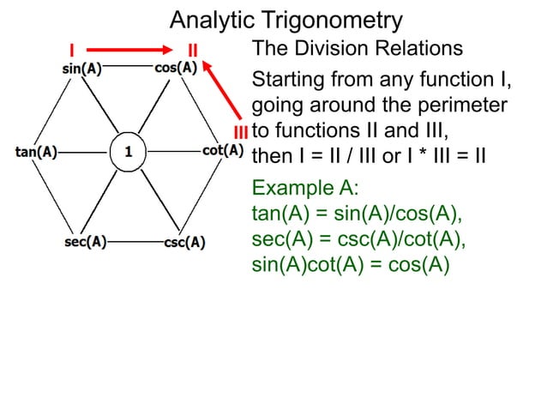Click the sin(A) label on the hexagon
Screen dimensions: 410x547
81,69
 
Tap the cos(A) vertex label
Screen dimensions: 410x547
176,68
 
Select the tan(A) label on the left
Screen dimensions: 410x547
36,153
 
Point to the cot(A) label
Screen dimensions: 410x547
223,151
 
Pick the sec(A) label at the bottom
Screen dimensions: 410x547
86,241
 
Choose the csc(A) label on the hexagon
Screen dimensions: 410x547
183,242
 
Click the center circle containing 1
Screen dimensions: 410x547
128,153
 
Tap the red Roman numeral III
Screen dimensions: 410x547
241,133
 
